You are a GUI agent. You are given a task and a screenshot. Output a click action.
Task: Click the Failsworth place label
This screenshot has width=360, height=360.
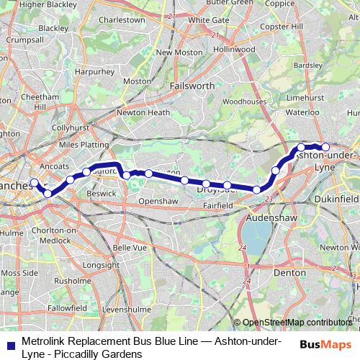[x=192, y=85]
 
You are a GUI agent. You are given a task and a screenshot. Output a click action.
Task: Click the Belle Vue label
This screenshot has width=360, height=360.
[x=130, y=247]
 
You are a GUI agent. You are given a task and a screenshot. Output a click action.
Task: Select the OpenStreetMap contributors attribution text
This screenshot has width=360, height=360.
[x=297, y=323]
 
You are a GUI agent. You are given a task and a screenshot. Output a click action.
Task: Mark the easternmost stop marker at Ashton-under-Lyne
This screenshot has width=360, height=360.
[x=325, y=148]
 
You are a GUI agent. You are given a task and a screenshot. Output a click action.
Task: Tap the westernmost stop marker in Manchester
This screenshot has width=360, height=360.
[x=34, y=182]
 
